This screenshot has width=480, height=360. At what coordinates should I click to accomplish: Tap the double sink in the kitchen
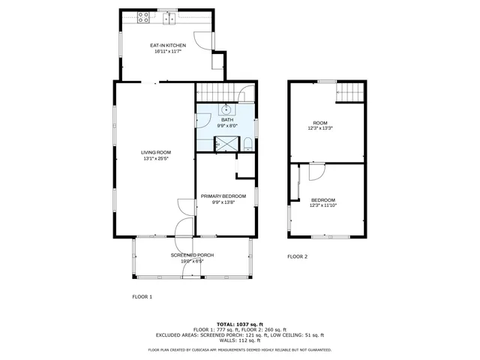171,16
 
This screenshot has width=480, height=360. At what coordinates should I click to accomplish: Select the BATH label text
226,120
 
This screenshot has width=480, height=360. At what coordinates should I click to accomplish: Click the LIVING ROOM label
156,152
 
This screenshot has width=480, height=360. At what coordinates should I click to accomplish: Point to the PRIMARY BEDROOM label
223,196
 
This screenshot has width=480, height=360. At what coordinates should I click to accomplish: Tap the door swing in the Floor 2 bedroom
316,172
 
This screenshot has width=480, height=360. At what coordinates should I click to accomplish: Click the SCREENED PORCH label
192,255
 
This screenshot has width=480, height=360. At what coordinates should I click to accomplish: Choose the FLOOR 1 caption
142,297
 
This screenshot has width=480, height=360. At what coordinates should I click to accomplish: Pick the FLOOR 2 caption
298,256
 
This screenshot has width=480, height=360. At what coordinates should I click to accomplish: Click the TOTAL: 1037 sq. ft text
239,323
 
